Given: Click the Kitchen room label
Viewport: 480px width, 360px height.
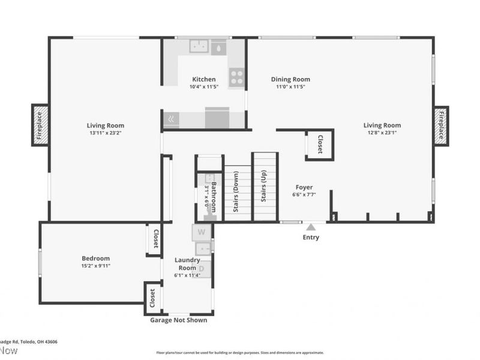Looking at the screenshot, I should point(204,79).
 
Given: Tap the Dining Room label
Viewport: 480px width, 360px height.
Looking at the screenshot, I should point(290,79).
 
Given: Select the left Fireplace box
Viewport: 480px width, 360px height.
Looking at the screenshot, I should point(40,125).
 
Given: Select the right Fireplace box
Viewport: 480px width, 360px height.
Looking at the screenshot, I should point(440,125).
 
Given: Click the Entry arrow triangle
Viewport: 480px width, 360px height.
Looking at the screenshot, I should point(311,227).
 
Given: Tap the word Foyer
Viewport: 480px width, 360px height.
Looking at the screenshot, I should point(304,187).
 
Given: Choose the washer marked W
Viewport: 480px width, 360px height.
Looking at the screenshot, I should point(202,232).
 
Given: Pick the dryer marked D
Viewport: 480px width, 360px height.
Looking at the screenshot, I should point(202,268).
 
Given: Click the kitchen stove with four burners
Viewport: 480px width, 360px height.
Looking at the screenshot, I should point(237,76).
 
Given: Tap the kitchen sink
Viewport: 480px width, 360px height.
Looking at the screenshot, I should point(199,46).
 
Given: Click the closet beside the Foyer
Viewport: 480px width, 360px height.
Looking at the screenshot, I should point(319,145).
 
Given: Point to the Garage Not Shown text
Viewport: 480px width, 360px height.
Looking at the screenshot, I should point(178,320).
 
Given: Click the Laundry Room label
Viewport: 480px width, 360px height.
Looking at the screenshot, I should point(187,263).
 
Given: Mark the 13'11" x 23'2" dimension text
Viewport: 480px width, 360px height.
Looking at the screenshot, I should point(105,133).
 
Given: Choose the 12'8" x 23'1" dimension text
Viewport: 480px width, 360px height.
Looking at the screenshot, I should point(382,133).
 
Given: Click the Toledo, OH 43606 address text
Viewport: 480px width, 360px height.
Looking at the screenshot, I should point(30,341).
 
